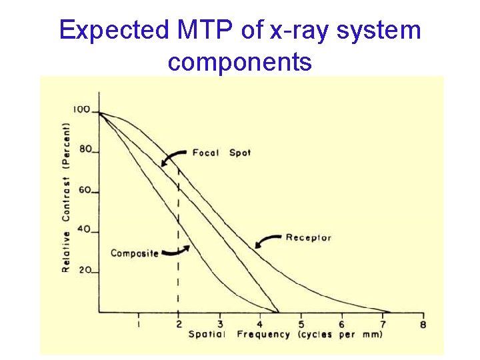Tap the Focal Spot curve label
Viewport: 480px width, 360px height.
(x=221, y=153)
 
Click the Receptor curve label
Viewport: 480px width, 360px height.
(x=308, y=237)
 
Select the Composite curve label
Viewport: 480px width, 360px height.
(x=134, y=253)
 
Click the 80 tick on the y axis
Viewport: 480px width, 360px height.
(x=85, y=149)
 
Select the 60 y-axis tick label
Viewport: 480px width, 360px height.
(x=85, y=190)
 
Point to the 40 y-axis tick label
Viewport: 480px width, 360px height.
(x=85, y=229)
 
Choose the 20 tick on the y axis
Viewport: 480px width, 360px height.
(x=85, y=270)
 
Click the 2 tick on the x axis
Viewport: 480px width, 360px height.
(x=179, y=325)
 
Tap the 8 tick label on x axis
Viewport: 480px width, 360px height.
(x=423, y=325)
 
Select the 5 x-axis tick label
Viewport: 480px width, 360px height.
(x=301, y=325)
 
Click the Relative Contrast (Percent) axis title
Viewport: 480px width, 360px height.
(x=67, y=197)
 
